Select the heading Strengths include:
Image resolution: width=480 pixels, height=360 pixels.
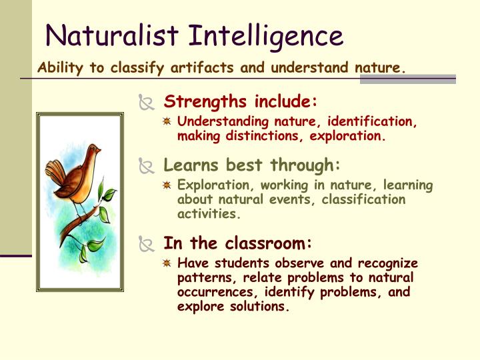pyautogui.click(x=241, y=102)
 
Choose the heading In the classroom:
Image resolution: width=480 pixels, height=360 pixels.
pyautogui.click(x=238, y=243)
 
